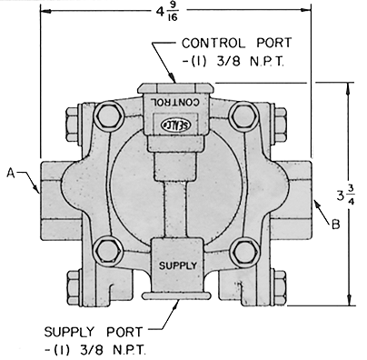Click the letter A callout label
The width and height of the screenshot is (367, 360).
[x=10, y=170]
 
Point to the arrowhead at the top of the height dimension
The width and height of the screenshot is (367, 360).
[x=350, y=87]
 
